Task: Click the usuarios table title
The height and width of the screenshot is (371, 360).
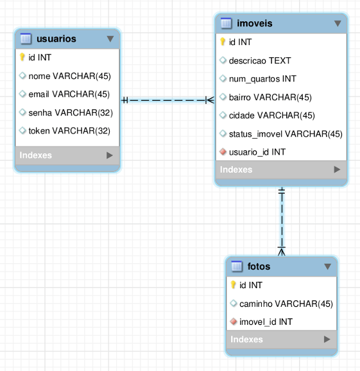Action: tap(56, 39)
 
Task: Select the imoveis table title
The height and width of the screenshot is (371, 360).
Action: tap(255, 23)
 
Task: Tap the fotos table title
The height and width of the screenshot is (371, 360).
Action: tap(259, 266)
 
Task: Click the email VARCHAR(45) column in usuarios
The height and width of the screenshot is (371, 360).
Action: tap(69, 94)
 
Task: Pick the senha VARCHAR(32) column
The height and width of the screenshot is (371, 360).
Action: tap(71, 112)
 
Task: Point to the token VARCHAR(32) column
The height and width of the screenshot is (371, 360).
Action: tap(69, 131)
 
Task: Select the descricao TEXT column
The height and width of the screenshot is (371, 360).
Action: tap(260, 60)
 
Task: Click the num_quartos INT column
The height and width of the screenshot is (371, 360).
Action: tap(262, 79)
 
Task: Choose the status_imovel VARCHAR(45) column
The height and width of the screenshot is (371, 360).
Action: tap(286, 134)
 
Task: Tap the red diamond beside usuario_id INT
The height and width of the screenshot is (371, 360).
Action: tap(223, 151)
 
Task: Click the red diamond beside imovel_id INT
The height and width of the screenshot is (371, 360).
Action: tap(233, 322)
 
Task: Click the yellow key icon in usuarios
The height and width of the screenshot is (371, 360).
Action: tap(22, 57)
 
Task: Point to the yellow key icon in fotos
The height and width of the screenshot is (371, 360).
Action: tap(233, 284)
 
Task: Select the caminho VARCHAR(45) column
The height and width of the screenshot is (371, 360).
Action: tap(286, 304)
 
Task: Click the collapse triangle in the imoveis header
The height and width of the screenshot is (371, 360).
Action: tap(338, 23)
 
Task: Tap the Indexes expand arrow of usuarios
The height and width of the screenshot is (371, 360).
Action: tap(110, 155)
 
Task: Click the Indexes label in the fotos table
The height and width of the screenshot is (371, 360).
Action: tap(246, 340)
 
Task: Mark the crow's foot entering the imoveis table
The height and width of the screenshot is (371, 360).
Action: tap(210, 100)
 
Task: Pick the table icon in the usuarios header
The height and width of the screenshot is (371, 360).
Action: tap(26, 39)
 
